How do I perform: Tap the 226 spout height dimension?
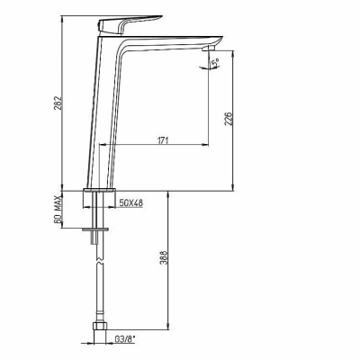click(x=229, y=119)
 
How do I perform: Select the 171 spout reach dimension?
click(x=163, y=140)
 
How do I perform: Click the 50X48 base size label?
click(x=131, y=203)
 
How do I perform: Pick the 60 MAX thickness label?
click(x=58, y=209)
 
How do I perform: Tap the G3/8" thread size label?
click(x=125, y=339)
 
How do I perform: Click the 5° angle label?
click(x=215, y=63)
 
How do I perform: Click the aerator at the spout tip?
click(x=210, y=49)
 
